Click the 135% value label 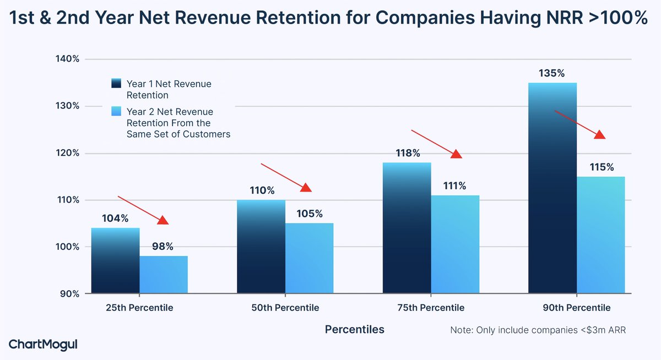coord(552,73)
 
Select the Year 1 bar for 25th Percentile coord(115,260)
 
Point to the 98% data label coord(163,247)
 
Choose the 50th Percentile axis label coord(285,308)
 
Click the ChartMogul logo coord(43,345)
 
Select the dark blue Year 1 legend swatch coord(116,84)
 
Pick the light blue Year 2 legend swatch coord(116,112)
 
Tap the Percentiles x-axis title coord(354,330)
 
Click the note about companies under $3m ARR coord(538,330)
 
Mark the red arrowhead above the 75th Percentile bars coord(456,154)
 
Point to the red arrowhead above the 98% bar coord(162,220)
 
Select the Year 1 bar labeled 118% coord(407,228)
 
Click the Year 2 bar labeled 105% coord(309,258)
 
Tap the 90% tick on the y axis coord(70,294)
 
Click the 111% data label coord(455,186)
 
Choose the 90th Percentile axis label coord(576,308)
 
